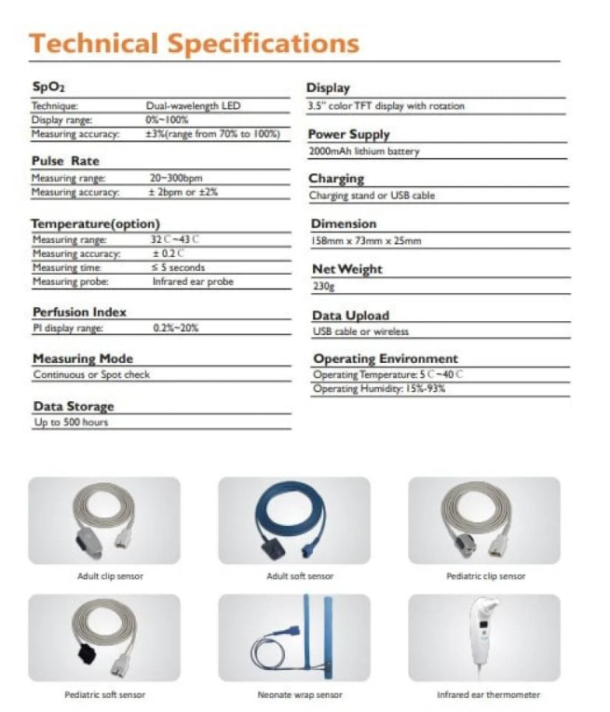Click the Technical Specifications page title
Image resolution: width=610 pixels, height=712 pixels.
coord(194,43)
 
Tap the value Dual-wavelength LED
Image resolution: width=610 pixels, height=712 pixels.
coord(193,106)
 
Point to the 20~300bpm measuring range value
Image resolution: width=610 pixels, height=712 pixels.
coord(177,178)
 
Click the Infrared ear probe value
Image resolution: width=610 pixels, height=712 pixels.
coord(192,281)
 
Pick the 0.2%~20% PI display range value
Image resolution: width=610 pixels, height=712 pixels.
coord(175,328)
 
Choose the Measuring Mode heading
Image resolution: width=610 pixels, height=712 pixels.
coord(83,358)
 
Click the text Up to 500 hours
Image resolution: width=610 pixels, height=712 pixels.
coord(71,423)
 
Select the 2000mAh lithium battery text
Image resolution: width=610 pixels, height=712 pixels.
coord(364,151)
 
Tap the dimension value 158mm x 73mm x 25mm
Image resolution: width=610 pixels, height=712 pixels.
coord(366,241)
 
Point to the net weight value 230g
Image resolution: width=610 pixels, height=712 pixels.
coord(322,287)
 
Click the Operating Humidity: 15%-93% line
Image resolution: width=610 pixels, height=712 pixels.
coord(379,389)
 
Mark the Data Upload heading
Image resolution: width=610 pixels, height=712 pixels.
coord(350,316)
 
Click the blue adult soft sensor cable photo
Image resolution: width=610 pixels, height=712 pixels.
coord(293,519)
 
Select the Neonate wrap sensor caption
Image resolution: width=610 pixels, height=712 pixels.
coord(299,695)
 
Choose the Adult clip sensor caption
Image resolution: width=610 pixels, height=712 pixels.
coord(110,577)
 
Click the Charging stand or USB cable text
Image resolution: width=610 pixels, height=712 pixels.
coord(372,196)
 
